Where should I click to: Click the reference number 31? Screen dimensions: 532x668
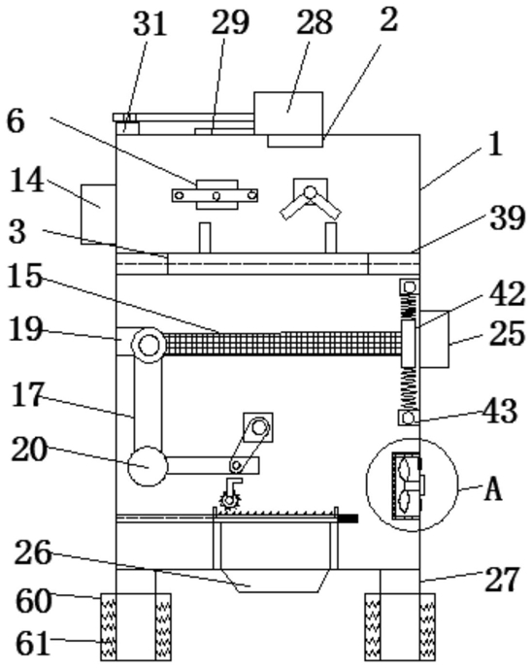[x=150, y=23]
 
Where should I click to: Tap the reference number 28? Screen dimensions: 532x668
[x=315, y=22]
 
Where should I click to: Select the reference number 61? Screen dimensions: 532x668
[x=33, y=644]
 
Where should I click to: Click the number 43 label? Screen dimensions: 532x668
[x=500, y=412]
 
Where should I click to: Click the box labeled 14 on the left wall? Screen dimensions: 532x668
[x=98, y=215]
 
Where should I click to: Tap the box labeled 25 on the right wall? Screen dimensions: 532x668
[x=435, y=339]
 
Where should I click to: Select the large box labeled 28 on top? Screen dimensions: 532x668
[x=288, y=113]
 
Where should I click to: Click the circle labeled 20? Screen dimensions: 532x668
[x=148, y=466]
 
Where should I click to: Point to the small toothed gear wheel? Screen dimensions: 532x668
[x=229, y=500]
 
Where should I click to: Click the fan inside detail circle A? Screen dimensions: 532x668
[x=404, y=484]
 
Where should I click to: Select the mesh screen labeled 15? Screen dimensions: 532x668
[x=282, y=344]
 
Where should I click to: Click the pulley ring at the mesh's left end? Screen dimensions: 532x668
[x=148, y=345]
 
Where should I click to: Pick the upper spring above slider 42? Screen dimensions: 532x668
[x=410, y=307]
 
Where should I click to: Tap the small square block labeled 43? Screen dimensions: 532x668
[x=409, y=417]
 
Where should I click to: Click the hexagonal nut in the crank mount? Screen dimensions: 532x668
[x=258, y=427]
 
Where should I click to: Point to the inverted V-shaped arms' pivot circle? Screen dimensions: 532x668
[x=310, y=191]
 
